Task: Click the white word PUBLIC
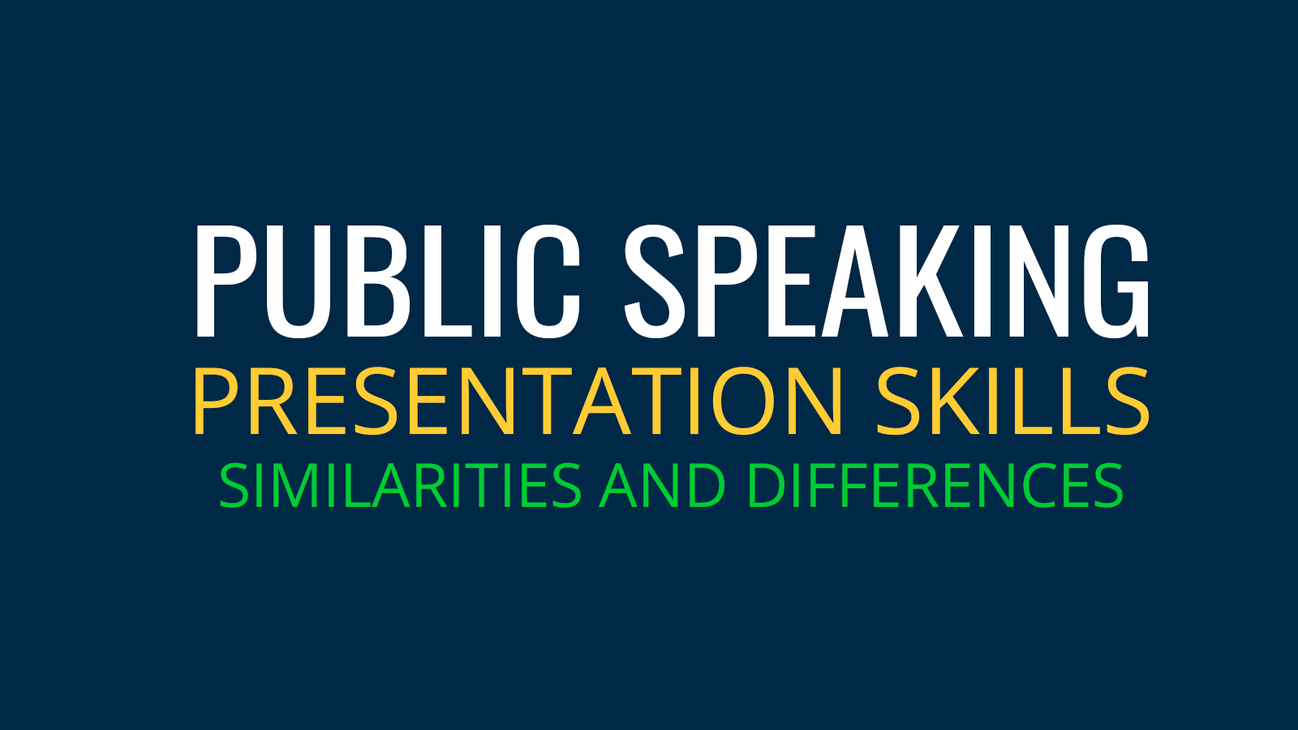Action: point(388,281)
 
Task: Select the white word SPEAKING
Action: point(886,281)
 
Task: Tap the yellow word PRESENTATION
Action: point(518,401)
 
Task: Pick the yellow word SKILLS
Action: point(1013,401)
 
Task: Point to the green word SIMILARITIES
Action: point(400,486)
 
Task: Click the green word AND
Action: point(662,486)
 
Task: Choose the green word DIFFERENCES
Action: point(934,486)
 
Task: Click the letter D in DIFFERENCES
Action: point(766,486)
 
